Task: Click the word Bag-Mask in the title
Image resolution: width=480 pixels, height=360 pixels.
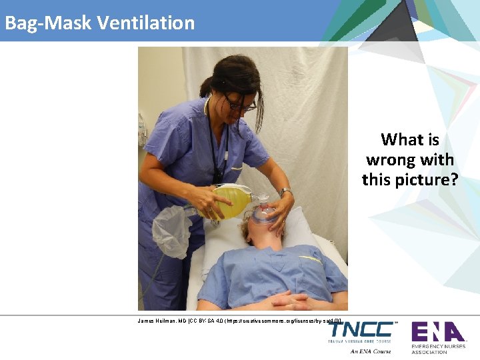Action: pyautogui.click(x=48, y=23)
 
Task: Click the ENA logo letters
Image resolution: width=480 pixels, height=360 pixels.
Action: pyautogui.click(x=437, y=331)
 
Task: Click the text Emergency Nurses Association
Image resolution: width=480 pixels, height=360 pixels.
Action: pyautogui.click(x=438, y=349)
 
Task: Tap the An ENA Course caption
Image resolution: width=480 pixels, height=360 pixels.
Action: pyautogui.click(x=370, y=351)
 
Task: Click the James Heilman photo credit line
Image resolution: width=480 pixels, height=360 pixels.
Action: pyautogui.click(x=240, y=321)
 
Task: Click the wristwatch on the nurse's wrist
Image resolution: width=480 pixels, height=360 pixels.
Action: pyautogui.click(x=286, y=192)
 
